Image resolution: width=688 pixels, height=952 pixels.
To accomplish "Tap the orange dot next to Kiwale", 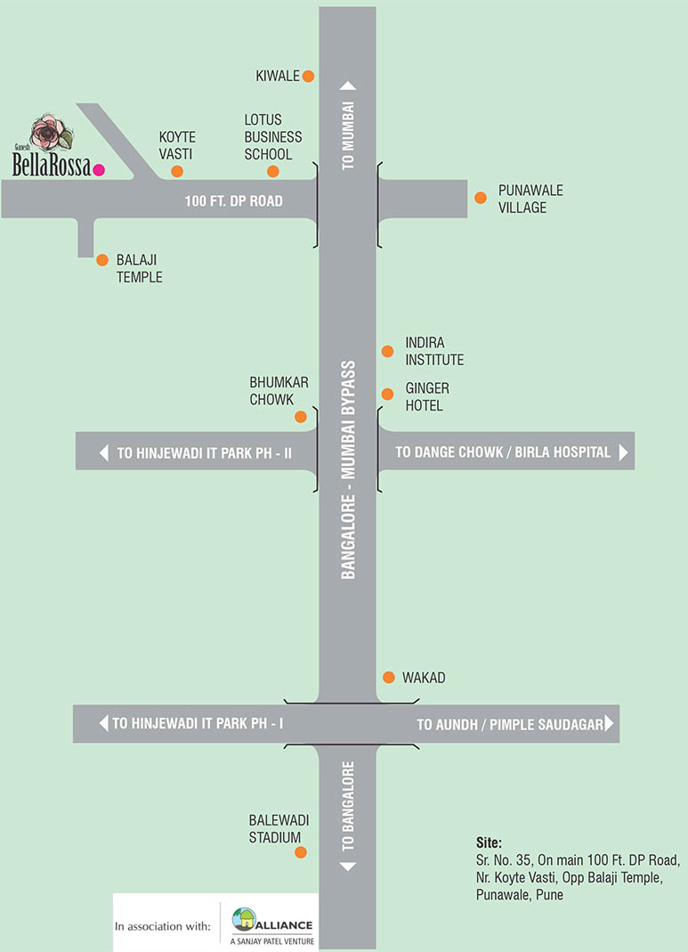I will [308, 76].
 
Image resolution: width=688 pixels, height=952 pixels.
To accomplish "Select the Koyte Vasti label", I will [177, 145].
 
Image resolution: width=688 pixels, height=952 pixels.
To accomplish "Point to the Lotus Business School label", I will [273, 137].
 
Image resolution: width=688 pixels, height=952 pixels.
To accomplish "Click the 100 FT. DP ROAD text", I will [233, 201].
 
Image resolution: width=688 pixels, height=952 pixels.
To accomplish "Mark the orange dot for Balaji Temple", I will [102, 260].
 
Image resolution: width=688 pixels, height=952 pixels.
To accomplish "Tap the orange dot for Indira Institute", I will [387, 351].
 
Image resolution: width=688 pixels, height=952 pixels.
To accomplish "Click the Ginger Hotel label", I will [427, 397].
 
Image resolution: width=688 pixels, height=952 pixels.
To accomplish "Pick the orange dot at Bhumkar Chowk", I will [301, 417].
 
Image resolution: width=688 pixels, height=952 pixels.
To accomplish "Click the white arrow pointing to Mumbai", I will [348, 86].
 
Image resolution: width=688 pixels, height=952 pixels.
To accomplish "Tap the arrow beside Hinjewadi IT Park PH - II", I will [104, 452].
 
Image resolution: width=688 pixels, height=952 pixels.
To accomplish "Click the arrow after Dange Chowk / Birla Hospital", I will [623, 452].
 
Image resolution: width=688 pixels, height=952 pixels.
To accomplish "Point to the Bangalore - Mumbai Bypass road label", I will [348, 469].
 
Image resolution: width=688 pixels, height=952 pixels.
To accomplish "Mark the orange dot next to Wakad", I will [388, 678].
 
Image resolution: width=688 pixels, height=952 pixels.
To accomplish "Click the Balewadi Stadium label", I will [275, 829].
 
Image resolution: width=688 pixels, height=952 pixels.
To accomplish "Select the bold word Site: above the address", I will [489, 842].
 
